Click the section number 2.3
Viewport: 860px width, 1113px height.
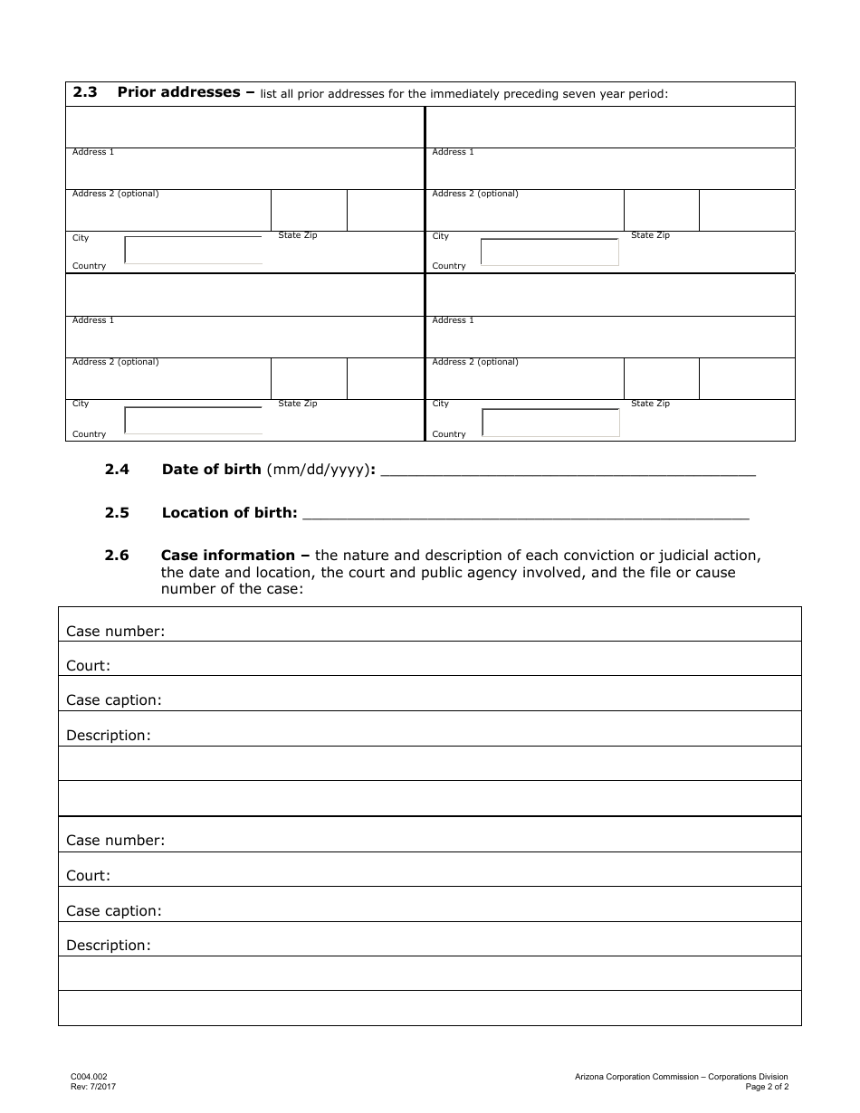[85, 92]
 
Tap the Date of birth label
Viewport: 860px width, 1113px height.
[211, 470]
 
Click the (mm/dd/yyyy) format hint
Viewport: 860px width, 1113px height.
[318, 470]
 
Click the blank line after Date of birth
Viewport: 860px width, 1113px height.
[569, 471]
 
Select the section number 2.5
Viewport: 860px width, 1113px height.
[117, 513]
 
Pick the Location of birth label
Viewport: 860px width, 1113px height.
[229, 513]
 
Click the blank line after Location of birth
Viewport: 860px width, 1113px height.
[526, 515]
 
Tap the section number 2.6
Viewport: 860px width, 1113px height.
[117, 556]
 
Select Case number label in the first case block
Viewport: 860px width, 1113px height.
[116, 632]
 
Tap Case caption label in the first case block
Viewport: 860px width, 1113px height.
[114, 700]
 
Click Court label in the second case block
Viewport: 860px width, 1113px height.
[88, 876]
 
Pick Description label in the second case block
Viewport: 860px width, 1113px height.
[109, 946]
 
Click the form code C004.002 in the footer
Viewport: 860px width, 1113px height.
[89, 1077]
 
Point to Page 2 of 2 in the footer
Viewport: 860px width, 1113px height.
[767, 1087]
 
